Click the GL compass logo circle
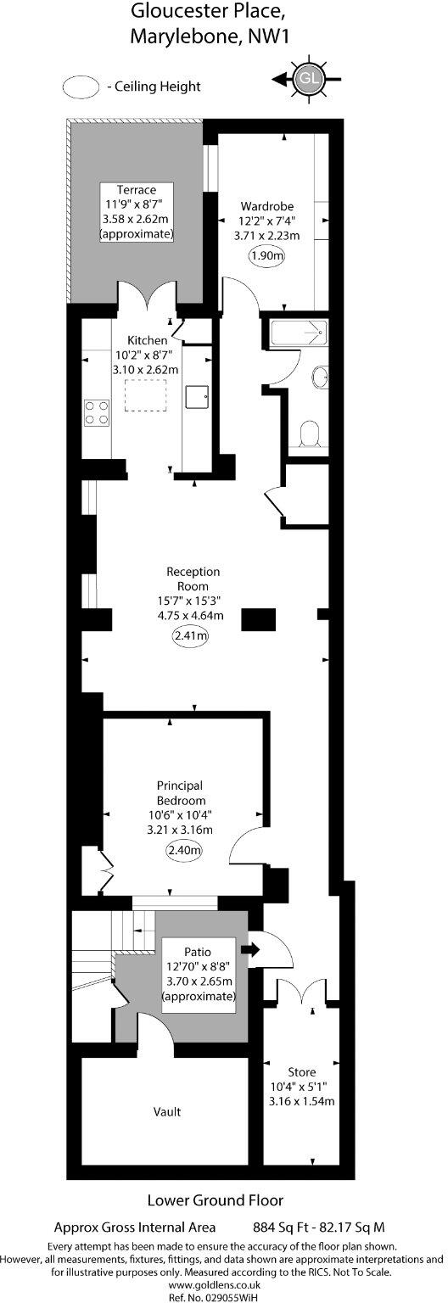click(x=308, y=79)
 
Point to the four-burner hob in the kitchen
click(x=97, y=411)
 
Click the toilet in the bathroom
click(x=312, y=434)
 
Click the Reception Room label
click(x=193, y=579)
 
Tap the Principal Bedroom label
click(x=180, y=793)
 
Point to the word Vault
click(x=167, y=1111)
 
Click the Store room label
click(x=301, y=1072)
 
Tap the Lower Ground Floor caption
click(x=216, y=1200)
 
